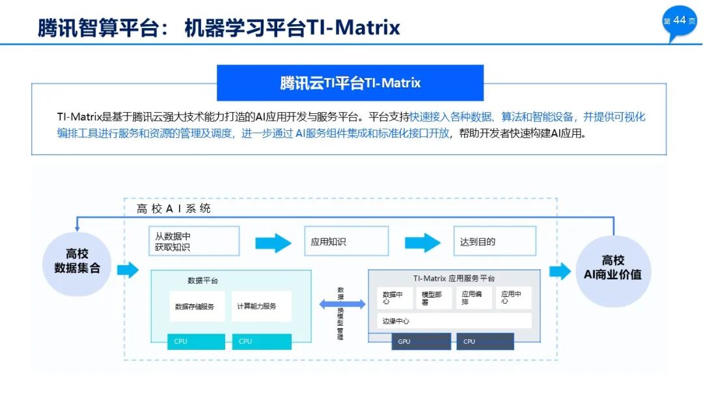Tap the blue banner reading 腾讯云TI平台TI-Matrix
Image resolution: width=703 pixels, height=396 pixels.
pyautogui.click(x=350, y=83)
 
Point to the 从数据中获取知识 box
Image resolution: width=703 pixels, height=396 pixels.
pyautogui.click(x=193, y=241)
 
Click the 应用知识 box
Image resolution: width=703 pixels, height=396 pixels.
pyautogui.click(x=346, y=241)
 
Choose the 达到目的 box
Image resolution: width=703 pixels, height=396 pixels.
pyautogui.click(x=495, y=241)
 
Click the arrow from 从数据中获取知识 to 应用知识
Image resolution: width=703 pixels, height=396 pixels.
pyautogui.click(x=273, y=243)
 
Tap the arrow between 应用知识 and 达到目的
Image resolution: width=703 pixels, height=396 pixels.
pyautogui.click(x=423, y=243)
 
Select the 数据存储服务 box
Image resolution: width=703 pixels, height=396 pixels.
pyautogui.click(x=197, y=306)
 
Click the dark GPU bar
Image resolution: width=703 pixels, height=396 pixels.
pyautogui.click(x=420, y=341)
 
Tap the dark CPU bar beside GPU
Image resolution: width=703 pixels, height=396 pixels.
pyautogui.click(x=485, y=341)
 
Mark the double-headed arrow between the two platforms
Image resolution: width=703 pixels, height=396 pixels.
pyautogui.click(x=342, y=304)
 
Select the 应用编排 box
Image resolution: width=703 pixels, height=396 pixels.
pyautogui.click(x=473, y=298)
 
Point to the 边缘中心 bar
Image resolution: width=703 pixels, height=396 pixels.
pyautogui.click(x=454, y=321)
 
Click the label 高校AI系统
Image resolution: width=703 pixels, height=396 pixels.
pyautogui.click(x=174, y=208)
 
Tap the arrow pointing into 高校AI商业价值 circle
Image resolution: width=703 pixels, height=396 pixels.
pyautogui.click(x=560, y=271)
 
